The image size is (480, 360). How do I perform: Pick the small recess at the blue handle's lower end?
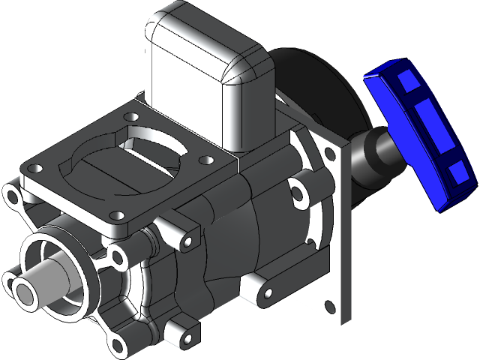(455, 172)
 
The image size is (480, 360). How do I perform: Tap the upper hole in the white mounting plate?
(331, 154)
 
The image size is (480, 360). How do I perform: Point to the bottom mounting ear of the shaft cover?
(118, 345)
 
